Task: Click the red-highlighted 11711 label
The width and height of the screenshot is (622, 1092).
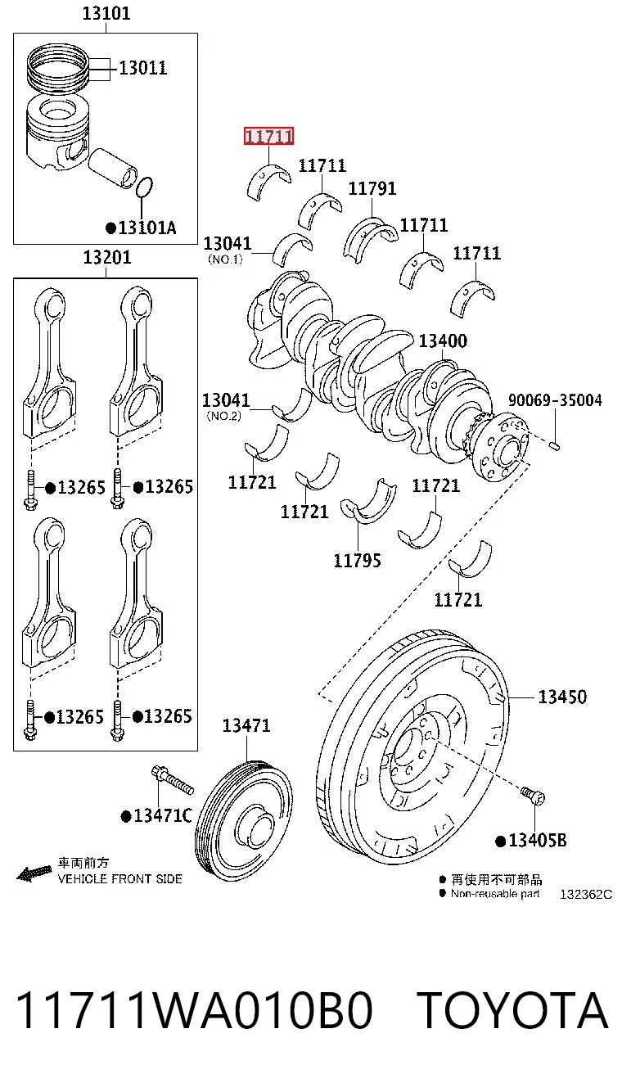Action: point(268,136)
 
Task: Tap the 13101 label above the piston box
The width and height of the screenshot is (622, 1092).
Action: point(106,13)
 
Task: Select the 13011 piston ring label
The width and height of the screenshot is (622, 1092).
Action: point(143,68)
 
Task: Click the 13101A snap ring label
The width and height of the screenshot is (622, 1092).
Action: point(142,228)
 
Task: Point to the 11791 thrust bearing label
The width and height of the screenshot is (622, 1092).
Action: point(372,188)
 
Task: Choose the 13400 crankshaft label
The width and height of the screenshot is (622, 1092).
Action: point(443,341)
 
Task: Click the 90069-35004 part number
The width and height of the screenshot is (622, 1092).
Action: point(555,400)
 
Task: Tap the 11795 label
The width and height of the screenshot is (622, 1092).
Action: point(358,561)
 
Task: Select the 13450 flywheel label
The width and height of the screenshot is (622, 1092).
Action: point(562,697)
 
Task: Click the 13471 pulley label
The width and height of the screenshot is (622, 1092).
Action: point(246,725)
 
